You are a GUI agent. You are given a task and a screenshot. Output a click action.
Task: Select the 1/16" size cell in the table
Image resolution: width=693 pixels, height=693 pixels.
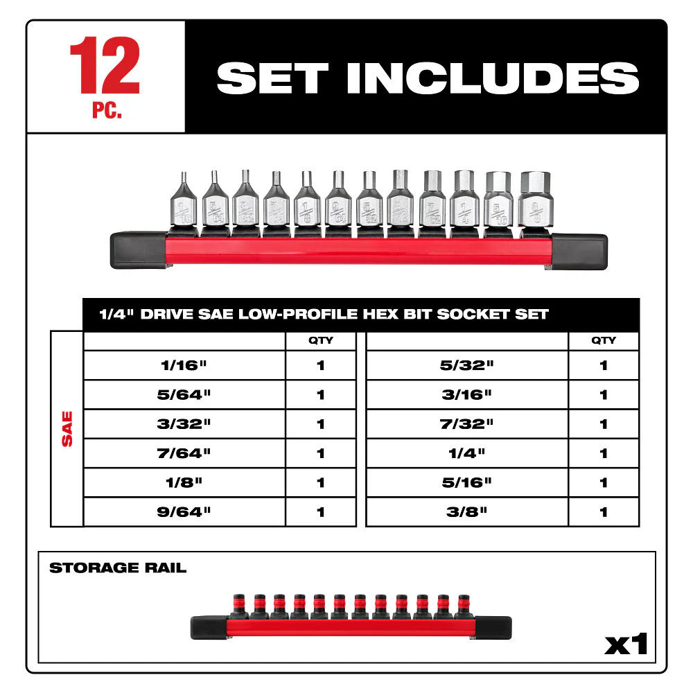[184, 365]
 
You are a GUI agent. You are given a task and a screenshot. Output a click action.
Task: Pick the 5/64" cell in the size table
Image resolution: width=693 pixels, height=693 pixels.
[184, 394]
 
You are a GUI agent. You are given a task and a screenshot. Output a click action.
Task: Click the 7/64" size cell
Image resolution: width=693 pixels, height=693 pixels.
[184, 453]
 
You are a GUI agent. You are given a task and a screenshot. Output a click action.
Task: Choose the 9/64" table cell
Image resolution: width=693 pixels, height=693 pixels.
[184, 512]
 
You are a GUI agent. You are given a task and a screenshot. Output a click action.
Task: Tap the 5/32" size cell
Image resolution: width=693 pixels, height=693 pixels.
[466, 365]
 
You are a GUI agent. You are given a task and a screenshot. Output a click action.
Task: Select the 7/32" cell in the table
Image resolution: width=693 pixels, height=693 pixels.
[466, 424]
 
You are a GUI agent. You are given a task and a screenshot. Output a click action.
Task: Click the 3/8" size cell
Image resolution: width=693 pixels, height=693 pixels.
[466, 512]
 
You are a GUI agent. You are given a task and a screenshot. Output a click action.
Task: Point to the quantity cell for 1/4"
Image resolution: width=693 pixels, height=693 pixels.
[604, 453]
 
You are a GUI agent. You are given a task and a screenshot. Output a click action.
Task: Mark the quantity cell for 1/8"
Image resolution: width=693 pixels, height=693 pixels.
[320, 482]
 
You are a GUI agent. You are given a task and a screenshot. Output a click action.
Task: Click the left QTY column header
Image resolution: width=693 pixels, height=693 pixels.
[320, 340]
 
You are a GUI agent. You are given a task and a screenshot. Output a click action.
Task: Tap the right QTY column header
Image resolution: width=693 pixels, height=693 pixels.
[604, 340]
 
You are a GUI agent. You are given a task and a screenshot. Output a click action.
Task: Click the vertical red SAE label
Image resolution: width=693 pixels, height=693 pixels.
[67, 429]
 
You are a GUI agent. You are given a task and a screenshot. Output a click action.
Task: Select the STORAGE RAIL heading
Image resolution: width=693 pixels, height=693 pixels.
[118, 568]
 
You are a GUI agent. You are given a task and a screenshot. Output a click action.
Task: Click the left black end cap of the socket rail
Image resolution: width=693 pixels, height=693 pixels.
[137, 251]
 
